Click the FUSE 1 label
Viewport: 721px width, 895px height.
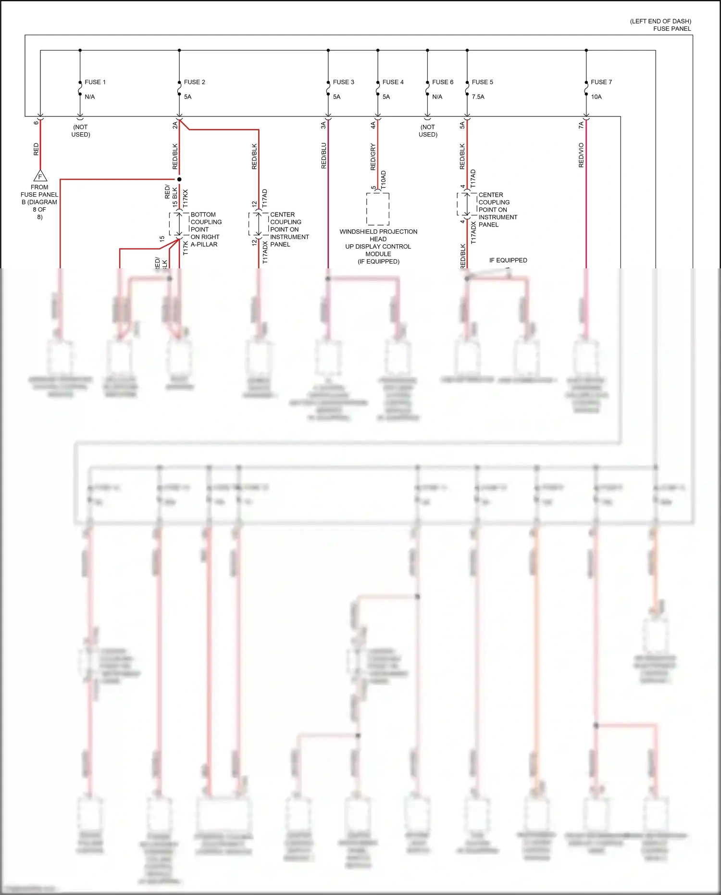[x=95, y=82]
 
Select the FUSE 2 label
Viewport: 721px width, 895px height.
[x=194, y=82]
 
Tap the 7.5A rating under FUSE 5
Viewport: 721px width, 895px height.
[x=478, y=97]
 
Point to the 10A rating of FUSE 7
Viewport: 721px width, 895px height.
[x=596, y=97]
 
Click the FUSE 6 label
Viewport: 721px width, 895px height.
[x=442, y=82]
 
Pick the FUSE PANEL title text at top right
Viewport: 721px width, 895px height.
[x=671, y=29]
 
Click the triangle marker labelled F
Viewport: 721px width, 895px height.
[x=40, y=176]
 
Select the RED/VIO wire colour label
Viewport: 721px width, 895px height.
[x=581, y=155]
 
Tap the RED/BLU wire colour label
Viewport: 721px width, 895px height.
[x=323, y=155]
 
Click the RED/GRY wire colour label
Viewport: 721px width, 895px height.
[x=373, y=157]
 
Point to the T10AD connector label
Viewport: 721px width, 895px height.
[x=383, y=179]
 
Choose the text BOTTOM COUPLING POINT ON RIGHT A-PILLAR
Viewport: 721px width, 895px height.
[x=206, y=229]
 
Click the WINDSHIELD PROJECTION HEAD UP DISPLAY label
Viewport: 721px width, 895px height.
[x=378, y=246]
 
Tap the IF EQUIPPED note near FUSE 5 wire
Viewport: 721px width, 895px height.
[x=508, y=260]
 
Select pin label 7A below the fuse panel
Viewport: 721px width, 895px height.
[x=581, y=125]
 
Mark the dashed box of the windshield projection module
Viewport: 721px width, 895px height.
[x=378, y=209]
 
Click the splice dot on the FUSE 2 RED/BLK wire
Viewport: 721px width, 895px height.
[x=179, y=179]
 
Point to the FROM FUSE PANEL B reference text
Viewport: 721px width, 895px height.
[x=39, y=202]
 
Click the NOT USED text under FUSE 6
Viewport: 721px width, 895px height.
[x=428, y=131]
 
